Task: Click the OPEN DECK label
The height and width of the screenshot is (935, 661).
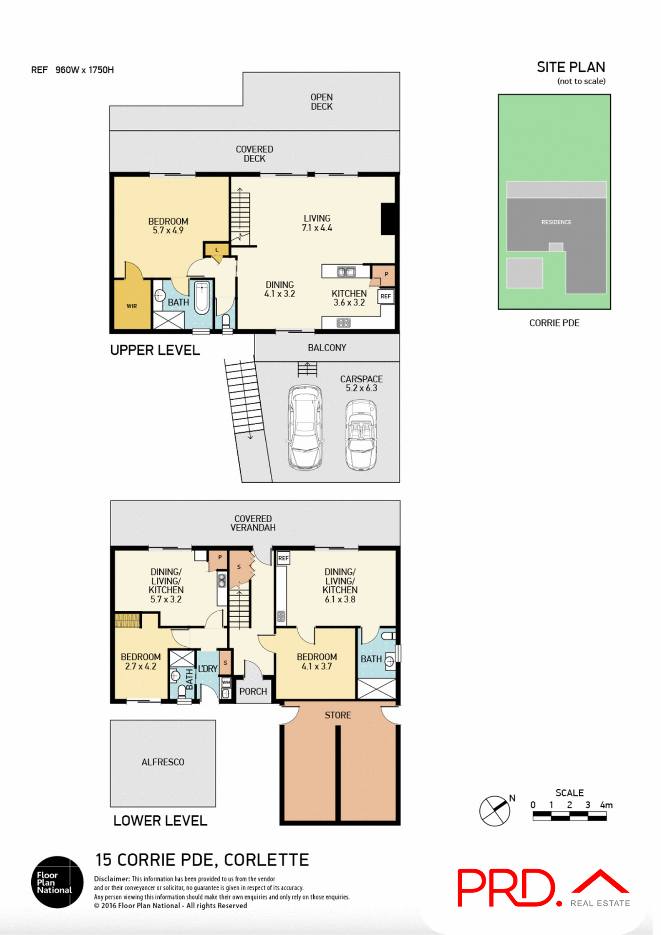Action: click(321, 102)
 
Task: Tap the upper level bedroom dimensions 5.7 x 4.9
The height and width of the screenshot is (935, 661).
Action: click(168, 230)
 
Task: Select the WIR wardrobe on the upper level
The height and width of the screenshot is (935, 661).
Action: click(132, 306)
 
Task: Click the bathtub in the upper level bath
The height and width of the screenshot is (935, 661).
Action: click(202, 297)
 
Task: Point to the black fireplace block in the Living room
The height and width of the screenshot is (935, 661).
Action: click(388, 219)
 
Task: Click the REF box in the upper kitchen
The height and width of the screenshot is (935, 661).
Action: click(385, 296)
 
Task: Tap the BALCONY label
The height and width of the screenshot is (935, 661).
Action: click(327, 348)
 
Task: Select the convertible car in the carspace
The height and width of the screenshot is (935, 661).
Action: click(361, 434)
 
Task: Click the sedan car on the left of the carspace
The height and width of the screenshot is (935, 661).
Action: click(305, 428)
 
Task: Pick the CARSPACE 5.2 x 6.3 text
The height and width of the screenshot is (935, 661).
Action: click(361, 383)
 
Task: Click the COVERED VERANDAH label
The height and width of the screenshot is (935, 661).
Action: click(253, 523)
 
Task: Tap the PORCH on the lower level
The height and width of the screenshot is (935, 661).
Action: click(253, 692)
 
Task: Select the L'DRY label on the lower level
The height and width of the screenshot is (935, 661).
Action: click(208, 669)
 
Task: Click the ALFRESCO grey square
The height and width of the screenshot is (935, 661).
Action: click(163, 763)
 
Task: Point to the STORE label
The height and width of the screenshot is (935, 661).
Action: click(338, 715)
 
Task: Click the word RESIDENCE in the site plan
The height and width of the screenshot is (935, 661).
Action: click(556, 222)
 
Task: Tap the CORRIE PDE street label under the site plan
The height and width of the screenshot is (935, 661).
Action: click(554, 323)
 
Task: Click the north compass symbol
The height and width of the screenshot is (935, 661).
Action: click(494, 811)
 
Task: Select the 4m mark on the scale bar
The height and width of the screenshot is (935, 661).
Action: click(606, 805)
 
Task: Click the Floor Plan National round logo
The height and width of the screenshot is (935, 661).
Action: click(57, 882)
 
